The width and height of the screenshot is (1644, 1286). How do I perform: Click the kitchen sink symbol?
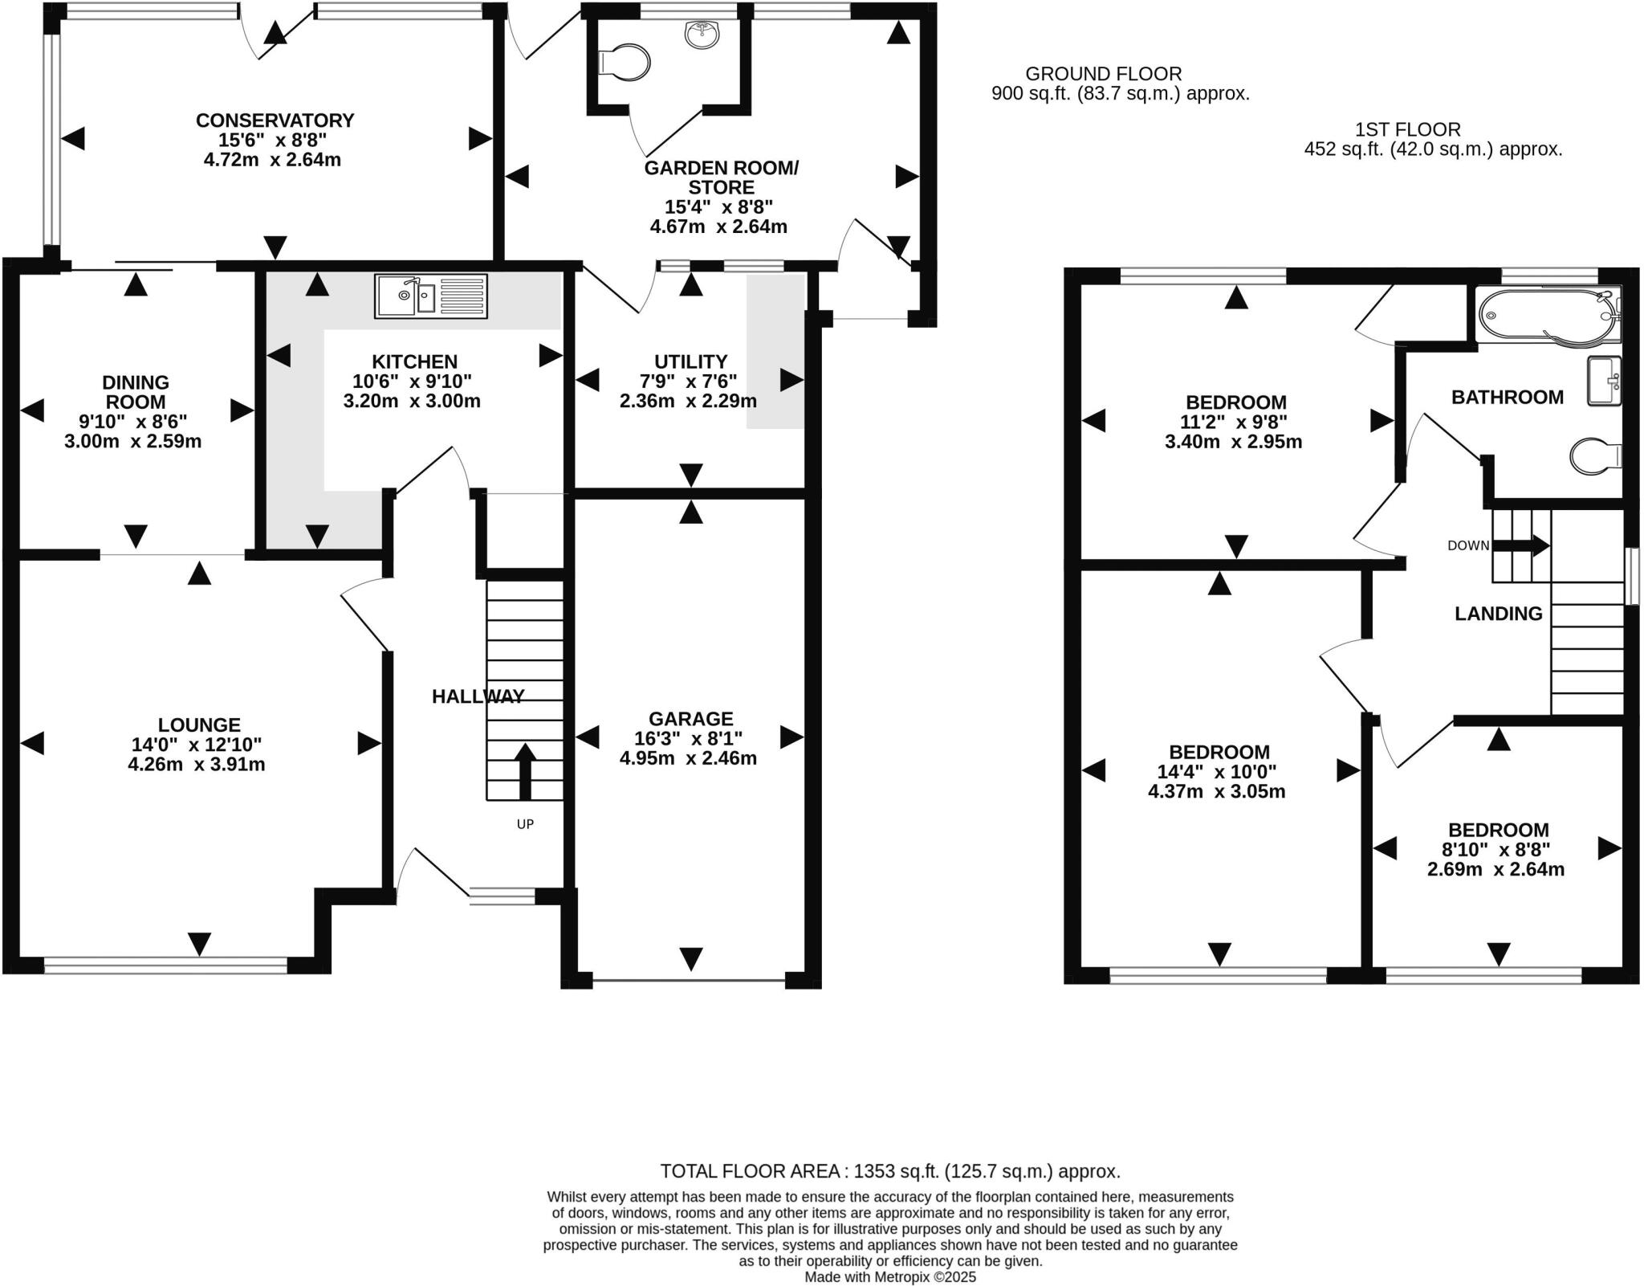[x=431, y=296]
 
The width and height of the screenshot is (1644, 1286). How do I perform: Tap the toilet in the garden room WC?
[x=626, y=62]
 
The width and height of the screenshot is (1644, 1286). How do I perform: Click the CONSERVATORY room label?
[x=275, y=120]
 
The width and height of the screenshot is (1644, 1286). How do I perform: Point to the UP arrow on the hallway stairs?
[x=525, y=771]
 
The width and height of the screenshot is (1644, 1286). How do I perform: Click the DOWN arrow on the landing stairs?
[x=1520, y=545]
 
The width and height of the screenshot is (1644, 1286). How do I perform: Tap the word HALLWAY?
[x=478, y=696]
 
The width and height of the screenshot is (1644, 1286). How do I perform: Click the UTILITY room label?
[x=690, y=361]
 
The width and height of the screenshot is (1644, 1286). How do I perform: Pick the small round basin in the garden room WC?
[x=702, y=35]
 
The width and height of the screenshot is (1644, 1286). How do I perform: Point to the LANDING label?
[x=1498, y=614]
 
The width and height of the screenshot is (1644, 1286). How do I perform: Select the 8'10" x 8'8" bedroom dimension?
[x=1498, y=849]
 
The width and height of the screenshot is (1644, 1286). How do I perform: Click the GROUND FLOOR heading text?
[x=1103, y=74]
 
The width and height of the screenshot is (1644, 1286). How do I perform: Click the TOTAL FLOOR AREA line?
[x=889, y=1170]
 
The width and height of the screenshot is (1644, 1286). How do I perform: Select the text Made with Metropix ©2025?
[x=889, y=1277]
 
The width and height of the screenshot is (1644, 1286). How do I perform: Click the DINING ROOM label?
[x=135, y=392]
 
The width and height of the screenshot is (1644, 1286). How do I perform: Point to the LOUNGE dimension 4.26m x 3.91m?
[x=197, y=764]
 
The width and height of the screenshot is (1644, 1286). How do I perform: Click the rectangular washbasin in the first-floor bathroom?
[x=1604, y=381]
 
